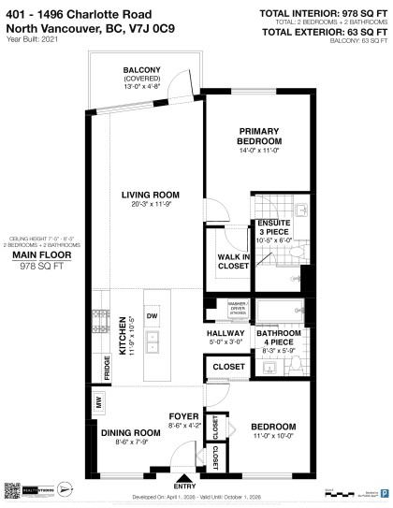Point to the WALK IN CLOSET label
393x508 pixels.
click(233, 261)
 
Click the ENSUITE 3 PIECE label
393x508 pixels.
click(281, 227)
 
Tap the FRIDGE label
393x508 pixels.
click(108, 366)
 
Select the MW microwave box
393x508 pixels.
click(98, 403)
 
